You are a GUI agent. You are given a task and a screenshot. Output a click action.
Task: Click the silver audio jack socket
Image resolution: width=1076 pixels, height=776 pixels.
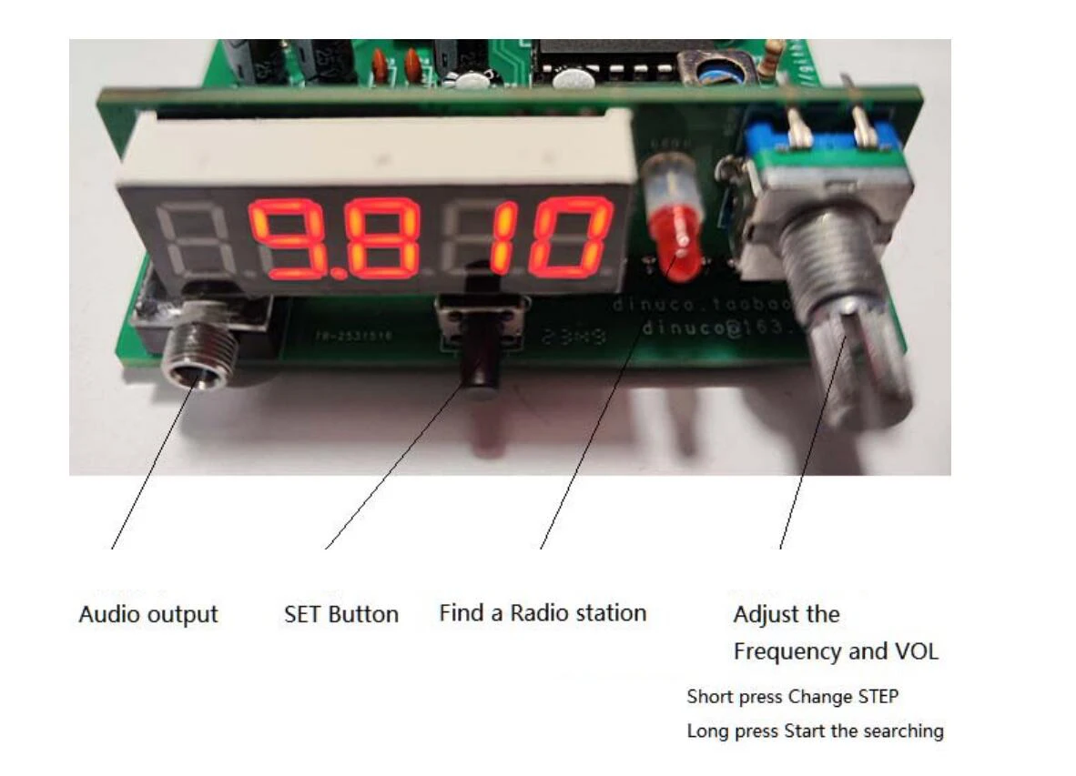click(x=193, y=359)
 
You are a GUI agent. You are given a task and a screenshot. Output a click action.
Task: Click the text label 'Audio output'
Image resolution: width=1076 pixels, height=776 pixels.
click(x=148, y=614)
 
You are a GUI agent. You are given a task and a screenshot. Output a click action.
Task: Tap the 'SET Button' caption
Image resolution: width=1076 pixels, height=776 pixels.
click(x=341, y=614)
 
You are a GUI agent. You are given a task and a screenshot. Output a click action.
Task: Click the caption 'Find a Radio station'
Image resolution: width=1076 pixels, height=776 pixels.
click(x=543, y=613)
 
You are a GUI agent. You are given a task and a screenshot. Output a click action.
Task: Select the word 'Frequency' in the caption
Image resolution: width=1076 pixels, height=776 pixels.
click(x=787, y=651)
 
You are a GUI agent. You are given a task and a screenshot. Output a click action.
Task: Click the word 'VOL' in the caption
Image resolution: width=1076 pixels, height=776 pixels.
click(x=917, y=651)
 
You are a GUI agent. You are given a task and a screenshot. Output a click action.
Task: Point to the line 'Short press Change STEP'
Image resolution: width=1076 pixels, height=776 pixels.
click(x=792, y=697)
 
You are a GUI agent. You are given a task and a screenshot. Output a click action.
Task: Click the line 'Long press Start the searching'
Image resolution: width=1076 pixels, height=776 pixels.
click(x=815, y=731)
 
